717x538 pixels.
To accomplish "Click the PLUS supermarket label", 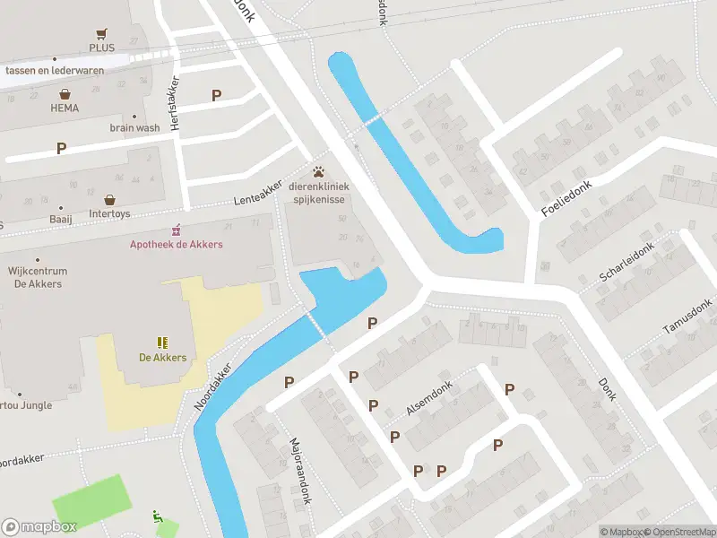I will (102, 48).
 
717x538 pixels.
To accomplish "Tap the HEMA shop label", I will (65, 108).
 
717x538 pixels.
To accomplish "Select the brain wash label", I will (134, 128).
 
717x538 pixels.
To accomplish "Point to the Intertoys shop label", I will (110, 214).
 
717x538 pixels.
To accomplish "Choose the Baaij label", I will (61, 219).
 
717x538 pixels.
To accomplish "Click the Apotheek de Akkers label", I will (177, 244).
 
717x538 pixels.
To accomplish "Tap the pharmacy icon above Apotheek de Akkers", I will (177, 229).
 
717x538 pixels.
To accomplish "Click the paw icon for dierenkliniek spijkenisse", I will (318, 172).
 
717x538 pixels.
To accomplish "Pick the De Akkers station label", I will (162, 358).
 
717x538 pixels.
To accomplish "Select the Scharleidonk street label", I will (628, 267).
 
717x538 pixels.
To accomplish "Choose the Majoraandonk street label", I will (299, 471).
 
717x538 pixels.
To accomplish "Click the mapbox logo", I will (39, 526).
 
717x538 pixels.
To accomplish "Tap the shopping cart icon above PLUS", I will (102, 31).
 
